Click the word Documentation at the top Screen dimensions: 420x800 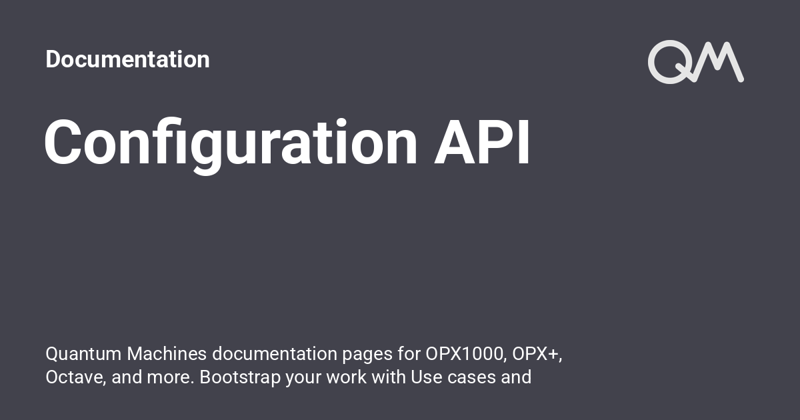click(x=127, y=59)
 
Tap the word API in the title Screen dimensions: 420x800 click(x=482, y=142)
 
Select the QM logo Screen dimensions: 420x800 click(x=695, y=62)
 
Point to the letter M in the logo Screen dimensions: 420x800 click(x=721, y=62)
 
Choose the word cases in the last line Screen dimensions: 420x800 click(x=471, y=377)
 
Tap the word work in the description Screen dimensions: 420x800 click(x=347, y=377)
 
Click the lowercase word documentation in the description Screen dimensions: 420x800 click(x=277, y=353)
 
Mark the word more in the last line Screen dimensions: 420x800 click(x=170, y=377)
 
